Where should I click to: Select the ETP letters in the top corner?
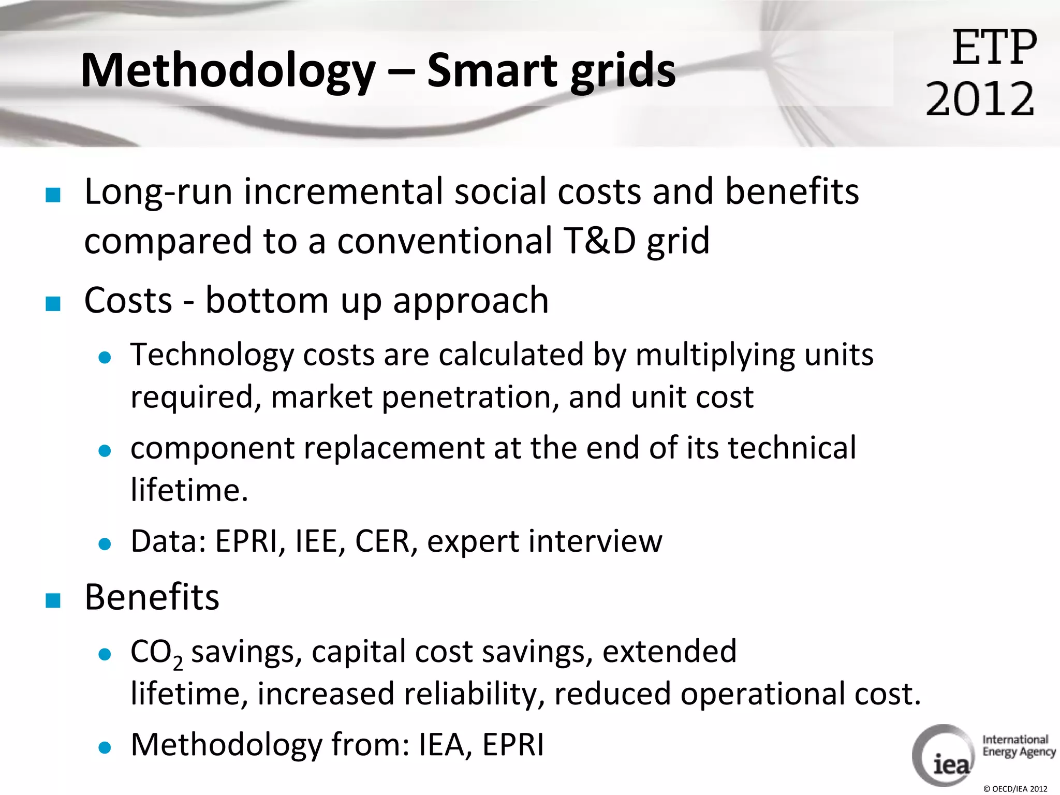pos(994,48)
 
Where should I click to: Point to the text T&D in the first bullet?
pos(600,241)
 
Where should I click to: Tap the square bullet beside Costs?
pos(53,303)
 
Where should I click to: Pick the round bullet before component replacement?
pos(105,451)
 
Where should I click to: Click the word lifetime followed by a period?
pos(189,490)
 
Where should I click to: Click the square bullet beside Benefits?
pos(53,600)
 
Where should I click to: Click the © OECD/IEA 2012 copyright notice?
pos(1014,789)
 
